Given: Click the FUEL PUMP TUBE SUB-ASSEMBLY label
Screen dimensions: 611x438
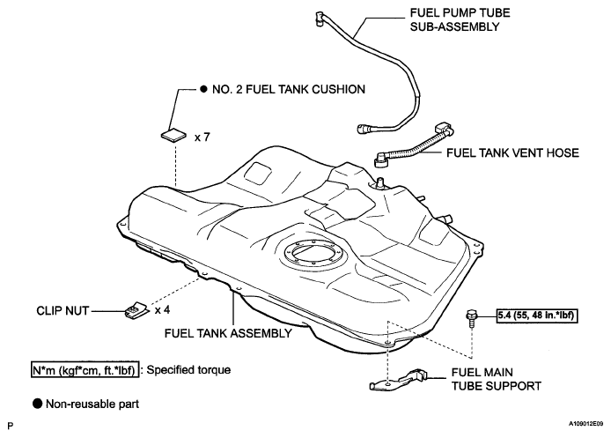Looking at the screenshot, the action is point(460,19).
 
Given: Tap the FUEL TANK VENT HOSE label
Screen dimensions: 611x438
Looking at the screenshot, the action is point(512,152).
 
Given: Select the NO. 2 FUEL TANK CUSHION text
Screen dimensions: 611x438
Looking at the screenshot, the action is point(289,89).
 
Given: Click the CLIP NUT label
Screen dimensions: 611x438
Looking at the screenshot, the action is point(63,310).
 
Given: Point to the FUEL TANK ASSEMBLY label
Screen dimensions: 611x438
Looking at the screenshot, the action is point(228,333).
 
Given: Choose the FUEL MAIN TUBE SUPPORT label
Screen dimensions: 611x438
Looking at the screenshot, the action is point(496,379).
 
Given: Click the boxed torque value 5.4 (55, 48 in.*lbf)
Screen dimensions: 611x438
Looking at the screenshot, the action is point(537,316).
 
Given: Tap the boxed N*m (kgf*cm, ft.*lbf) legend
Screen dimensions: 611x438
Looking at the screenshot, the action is point(85,370).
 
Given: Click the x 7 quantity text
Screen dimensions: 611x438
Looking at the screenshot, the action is point(202,137).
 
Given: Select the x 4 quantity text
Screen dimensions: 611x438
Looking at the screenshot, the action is point(162,310).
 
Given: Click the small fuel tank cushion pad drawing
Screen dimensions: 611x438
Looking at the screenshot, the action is point(173,135).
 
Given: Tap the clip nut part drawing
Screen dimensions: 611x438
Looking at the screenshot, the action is point(136,309).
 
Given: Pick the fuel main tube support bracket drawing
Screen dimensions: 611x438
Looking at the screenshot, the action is point(397,380).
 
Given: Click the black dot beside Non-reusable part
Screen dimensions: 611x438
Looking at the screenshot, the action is point(37,404).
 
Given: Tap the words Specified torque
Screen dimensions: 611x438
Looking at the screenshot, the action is point(188,370).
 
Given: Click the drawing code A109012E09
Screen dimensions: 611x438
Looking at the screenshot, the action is point(585,424).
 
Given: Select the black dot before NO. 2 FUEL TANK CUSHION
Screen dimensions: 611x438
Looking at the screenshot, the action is point(203,89).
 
